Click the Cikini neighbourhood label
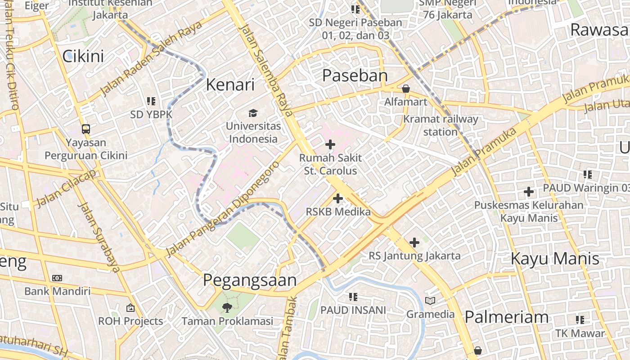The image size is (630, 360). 83,56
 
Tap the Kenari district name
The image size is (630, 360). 230,85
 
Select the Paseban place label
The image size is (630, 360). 355,76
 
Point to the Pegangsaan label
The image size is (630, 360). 250,280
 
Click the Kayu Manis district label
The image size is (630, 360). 555,259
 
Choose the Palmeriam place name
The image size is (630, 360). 506,317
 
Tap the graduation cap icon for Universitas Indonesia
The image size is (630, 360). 253,113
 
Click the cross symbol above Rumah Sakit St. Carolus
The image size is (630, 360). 330,144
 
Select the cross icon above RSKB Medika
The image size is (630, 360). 337,198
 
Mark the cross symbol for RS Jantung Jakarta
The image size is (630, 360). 414,243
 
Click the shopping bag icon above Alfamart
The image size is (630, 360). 405,89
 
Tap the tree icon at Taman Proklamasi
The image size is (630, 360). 227,308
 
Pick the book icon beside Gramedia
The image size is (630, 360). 430,301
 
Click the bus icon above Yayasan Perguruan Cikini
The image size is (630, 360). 85,129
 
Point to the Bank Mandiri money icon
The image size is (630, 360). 57,278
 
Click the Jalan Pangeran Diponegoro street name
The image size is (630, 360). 223,209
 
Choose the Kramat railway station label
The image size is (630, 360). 441,126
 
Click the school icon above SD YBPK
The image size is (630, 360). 151,101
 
